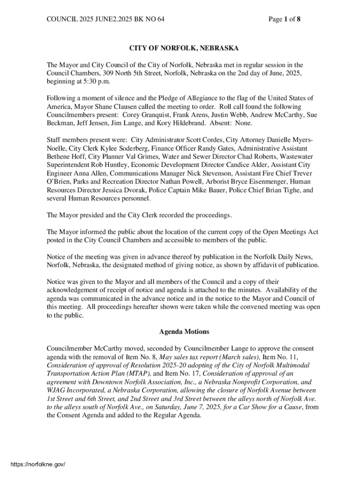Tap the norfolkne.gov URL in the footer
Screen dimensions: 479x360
pyautogui.click(x=37, y=464)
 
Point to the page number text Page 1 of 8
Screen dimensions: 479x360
pyautogui.click(x=284, y=19)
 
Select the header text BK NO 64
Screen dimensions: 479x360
pyautogui.click(x=150, y=19)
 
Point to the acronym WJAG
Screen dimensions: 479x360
pyautogui.click(x=57, y=391)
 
